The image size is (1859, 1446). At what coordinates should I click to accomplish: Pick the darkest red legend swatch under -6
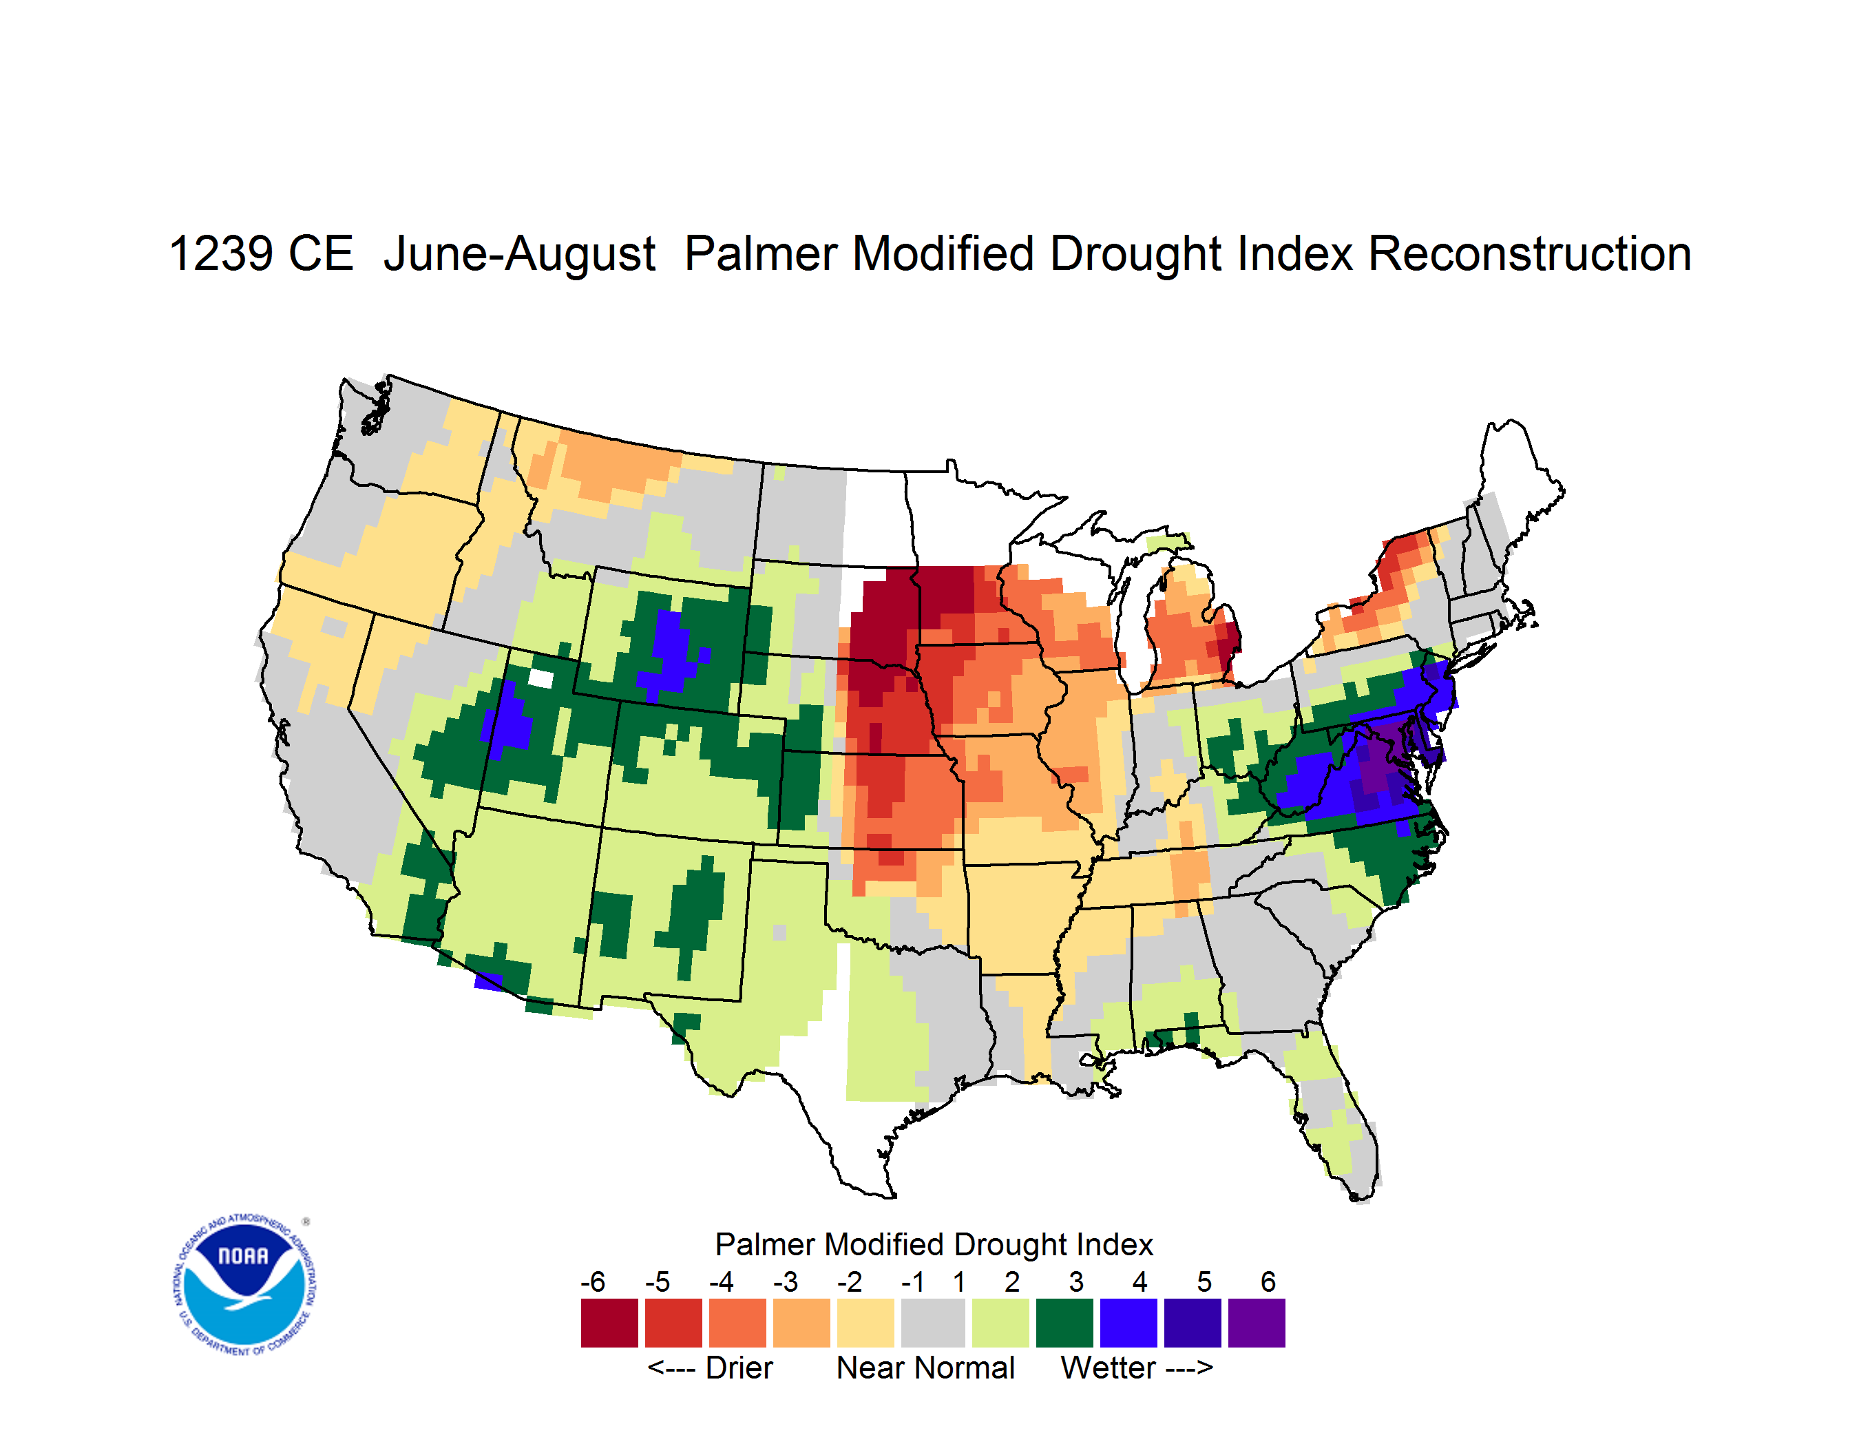[x=609, y=1323]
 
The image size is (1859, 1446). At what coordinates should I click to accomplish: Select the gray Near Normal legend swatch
[x=933, y=1323]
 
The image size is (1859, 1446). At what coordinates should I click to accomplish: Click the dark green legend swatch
[x=1064, y=1323]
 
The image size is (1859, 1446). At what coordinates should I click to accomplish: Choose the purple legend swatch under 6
[x=1257, y=1323]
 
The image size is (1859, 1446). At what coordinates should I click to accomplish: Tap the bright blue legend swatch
[x=1128, y=1323]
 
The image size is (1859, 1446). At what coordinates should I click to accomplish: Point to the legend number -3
[x=785, y=1281]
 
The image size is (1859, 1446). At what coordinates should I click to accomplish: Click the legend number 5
[x=1204, y=1281]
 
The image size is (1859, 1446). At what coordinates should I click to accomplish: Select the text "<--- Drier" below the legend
[x=710, y=1368]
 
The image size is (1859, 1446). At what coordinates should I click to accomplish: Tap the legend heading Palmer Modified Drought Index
[x=934, y=1244]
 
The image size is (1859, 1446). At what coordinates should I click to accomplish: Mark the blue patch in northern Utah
[x=508, y=719]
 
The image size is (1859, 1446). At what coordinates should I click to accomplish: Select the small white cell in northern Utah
[x=540, y=678]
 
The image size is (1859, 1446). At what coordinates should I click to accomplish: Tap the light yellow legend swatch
[x=865, y=1323]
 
